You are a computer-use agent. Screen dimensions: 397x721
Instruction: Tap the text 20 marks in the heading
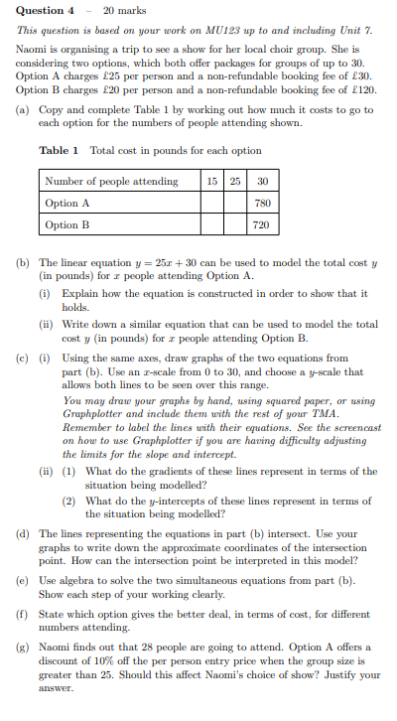(x=127, y=11)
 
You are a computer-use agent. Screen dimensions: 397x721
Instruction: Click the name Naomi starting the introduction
(x=34, y=47)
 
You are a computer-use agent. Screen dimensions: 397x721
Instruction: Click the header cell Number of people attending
(x=111, y=182)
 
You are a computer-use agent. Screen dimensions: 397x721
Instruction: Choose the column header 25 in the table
(x=235, y=182)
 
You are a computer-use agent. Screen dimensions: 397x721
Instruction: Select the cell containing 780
(x=262, y=204)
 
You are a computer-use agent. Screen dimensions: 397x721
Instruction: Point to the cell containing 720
(x=262, y=225)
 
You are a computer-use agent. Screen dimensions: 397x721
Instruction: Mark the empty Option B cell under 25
(x=235, y=225)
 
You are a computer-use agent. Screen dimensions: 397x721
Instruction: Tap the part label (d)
(x=24, y=533)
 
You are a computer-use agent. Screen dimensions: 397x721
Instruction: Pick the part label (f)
(x=24, y=616)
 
